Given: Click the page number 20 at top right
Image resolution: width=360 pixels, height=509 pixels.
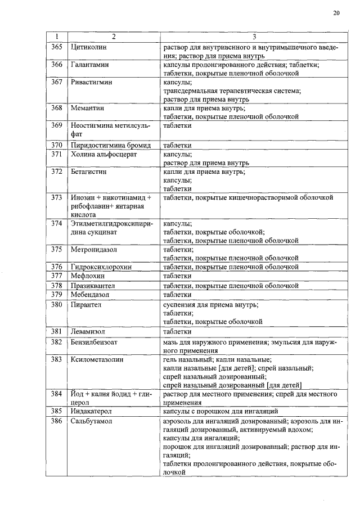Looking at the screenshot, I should (336, 13).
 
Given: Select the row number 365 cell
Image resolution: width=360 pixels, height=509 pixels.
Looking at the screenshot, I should (56, 47).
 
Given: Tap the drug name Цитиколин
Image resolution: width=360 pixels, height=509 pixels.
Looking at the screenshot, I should (89, 47).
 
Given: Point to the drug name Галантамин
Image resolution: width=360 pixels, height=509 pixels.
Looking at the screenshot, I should (89, 65).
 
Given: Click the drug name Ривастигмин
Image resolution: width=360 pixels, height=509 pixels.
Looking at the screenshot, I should (91, 82).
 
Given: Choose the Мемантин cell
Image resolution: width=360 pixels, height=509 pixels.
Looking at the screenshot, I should (87, 108).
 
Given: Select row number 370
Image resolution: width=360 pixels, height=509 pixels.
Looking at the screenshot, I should (56, 145).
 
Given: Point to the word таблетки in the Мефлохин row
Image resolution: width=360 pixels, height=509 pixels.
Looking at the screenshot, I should (177, 276).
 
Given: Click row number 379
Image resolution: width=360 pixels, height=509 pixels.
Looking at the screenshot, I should (56, 294).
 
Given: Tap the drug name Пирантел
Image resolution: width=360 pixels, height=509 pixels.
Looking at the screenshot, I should (85, 304).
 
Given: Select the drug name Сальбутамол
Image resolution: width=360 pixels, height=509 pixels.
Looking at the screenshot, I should (92, 421).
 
